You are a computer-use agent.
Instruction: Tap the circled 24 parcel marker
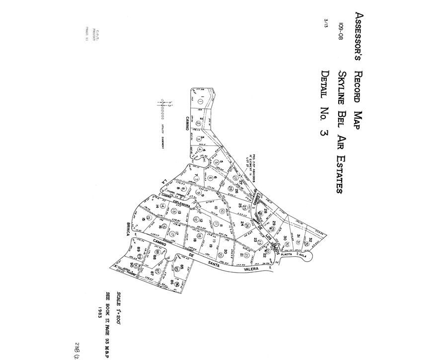point(247,226)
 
